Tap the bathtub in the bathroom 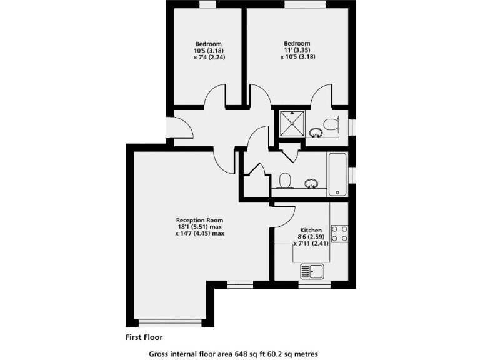338,175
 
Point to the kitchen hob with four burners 339,234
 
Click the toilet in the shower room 331,126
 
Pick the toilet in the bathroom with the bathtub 286,180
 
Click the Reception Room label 199,220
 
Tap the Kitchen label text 311,230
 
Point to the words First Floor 144,337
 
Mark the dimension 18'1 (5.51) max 199,227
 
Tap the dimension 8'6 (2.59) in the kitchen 311,237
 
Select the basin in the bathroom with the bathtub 311,183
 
